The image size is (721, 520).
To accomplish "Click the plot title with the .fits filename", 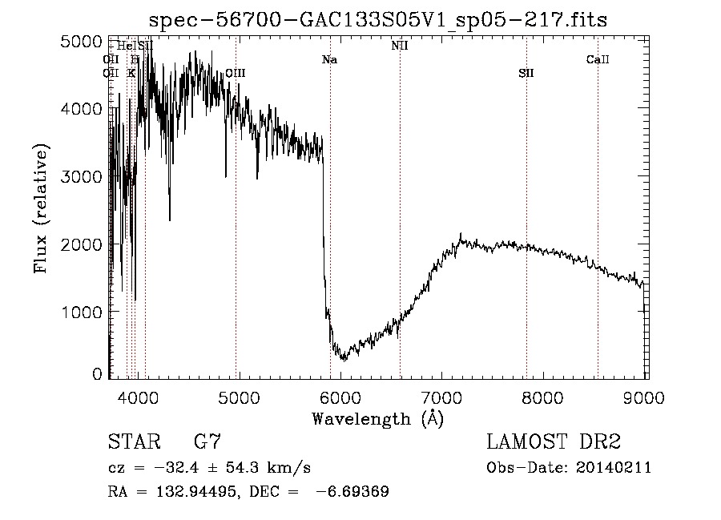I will [378, 19].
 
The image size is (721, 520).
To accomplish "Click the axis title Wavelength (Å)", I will [377, 417].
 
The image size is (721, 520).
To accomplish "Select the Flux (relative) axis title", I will [41, 209].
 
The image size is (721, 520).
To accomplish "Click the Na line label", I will [329, 59].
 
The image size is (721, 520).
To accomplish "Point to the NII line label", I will [400, 46].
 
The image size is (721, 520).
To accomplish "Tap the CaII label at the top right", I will [598, 59].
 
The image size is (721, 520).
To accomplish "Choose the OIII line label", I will [235, 73].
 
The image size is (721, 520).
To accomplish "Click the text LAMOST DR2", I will [554, 441].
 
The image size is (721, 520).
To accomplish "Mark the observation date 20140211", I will [617, 468].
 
